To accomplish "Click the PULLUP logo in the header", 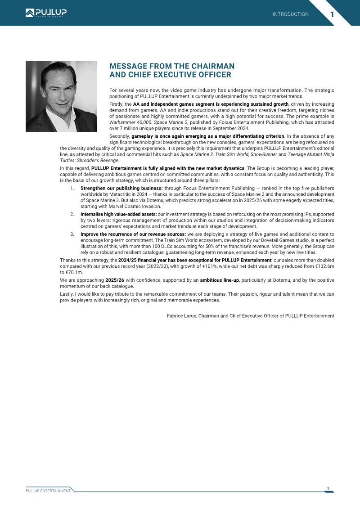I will coord(46,13).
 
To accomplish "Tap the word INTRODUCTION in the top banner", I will coord(291,14).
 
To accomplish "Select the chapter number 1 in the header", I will coord(332,14).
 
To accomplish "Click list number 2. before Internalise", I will coord(72,214).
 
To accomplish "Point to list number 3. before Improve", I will coord(72,234).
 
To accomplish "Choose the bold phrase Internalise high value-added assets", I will coord(118,214).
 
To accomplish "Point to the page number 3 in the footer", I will coord(328,488).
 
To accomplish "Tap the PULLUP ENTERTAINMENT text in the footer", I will coord(48,491).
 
